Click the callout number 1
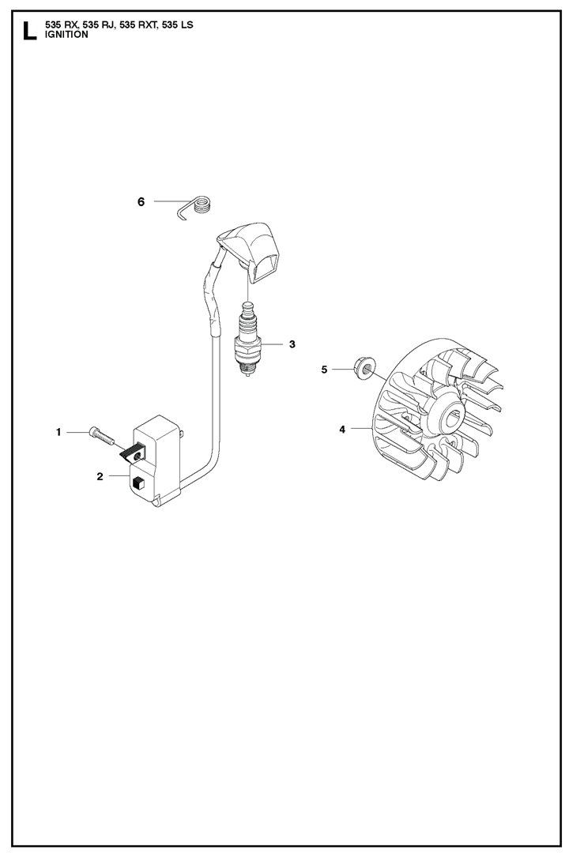pos(58,432)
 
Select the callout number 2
pos(100,476)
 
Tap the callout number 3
pos(292,344)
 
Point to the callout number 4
pos(342,430)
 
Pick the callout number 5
pos(324,370)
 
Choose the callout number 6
pos(141,202)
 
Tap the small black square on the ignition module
pos(138,483)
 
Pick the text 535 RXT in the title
pos(138,25)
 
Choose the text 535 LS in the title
pos(178,25)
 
